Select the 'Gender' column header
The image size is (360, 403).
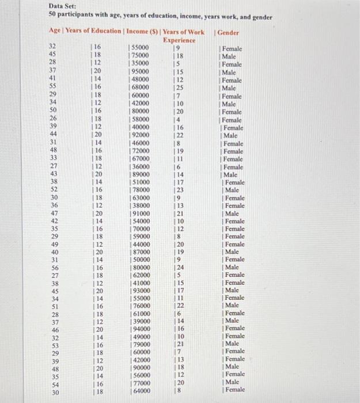(229, 32)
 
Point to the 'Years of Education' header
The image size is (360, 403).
(93, 32)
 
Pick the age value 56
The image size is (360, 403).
(52, 267)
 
